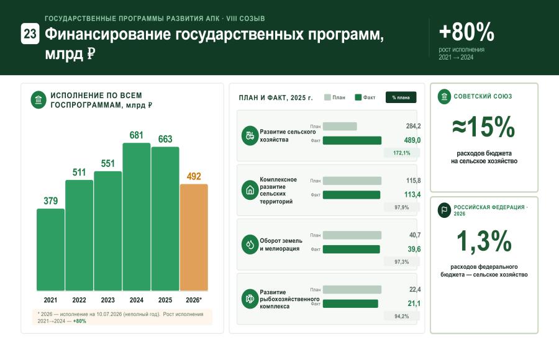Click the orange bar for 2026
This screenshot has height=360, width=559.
[x=194, y=237]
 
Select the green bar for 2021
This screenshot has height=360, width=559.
[x=51, y=250]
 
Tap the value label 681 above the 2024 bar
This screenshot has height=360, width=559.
[x=136, y=135]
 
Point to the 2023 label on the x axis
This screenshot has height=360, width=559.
[x=107, y=300]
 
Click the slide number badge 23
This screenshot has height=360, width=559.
[x=30, y=34]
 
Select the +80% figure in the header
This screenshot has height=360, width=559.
[x=466, y=32]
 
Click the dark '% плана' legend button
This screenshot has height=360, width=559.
[x=401, y=97]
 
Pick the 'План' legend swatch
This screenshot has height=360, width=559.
[x=327, y=97]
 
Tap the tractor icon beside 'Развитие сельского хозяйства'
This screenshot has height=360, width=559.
[x=250, y=135]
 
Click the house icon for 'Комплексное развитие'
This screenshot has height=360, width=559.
[x=250, y=190]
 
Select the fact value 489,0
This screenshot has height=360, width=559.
[x=412, y=140]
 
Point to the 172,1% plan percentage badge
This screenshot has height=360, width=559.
[x=402, y=153]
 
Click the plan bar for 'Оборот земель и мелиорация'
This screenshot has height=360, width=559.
[x=352, y=235]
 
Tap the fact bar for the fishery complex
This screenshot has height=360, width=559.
[x=350, y=304]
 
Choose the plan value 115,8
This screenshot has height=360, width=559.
[x=413, y=181]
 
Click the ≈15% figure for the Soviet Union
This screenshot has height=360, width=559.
[x=484, y=127]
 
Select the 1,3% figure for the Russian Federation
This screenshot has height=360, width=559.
[x=484, y=241]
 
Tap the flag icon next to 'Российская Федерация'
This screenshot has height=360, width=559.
[x=444, y=210]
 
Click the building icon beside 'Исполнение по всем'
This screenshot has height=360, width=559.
[x=39, y=100]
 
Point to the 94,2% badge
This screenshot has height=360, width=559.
[x=402, y=316]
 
